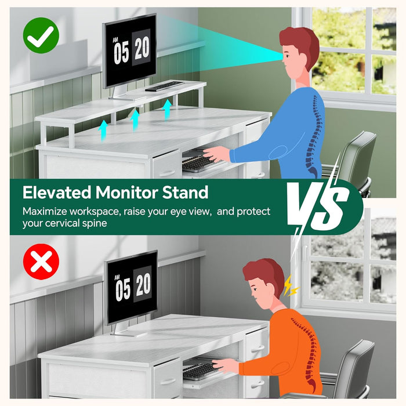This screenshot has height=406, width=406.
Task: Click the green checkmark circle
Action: pyautogui.click(x=41, y=35)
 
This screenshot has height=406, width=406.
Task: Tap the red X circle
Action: pyautogui.click(x=41, y=262)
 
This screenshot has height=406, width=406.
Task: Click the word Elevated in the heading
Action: pyautogui.click(x=57, y=193)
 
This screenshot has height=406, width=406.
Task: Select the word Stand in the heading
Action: pyautogui.click(x=185, y=193)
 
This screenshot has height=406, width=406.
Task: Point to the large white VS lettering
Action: pyautogui.click(x=318, y=205)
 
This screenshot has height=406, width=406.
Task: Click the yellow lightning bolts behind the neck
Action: pyautogui.click(x=291, y=287)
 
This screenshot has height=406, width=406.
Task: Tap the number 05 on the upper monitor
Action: pyautogui.click(x=121, y=53)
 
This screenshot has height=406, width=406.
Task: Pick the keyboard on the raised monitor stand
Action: pyautogui.click(x=164, y=86)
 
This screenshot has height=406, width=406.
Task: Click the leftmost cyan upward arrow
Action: pyautogui.click(x=103, y=130)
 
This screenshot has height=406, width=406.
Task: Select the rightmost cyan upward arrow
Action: pyautogui.click(x=167, y=109)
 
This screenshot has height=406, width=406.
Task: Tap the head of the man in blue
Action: pyautogui.click(x=300, y=52)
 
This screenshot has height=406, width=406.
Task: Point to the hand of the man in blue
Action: pyautogui.click(x=217, y=154)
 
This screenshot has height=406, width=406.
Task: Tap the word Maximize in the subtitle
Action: pyautogui.click(x=45, y=212)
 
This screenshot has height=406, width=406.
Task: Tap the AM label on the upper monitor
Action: pyautogui.click(x=115, y=40)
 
